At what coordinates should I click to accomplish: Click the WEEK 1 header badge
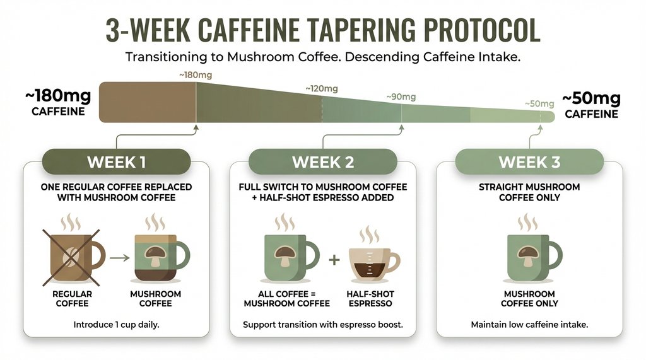click(x=116, y=161)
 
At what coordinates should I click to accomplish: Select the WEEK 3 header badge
click(x=529, y=161)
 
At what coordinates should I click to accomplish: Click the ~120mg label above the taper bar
click(x=321, y=88)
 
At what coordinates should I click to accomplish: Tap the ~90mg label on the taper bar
click(x=401, y=97)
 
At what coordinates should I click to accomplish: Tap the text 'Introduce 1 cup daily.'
click(x=116, y=325)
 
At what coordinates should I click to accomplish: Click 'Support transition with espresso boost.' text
click(x=322, y=325)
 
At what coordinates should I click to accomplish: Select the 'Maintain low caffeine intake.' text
click(x=529, y=325)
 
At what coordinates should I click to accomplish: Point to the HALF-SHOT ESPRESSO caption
click(x=369, y=299)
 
